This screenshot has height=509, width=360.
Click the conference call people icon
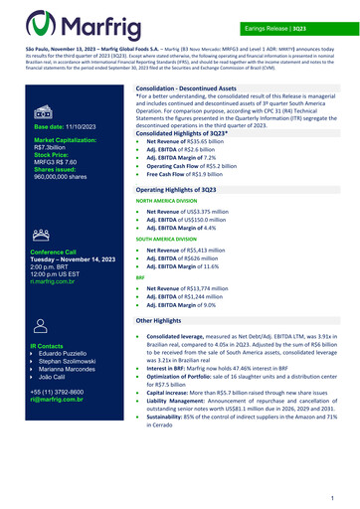coord(45,235)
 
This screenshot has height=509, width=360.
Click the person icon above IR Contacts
coord(45,323)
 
